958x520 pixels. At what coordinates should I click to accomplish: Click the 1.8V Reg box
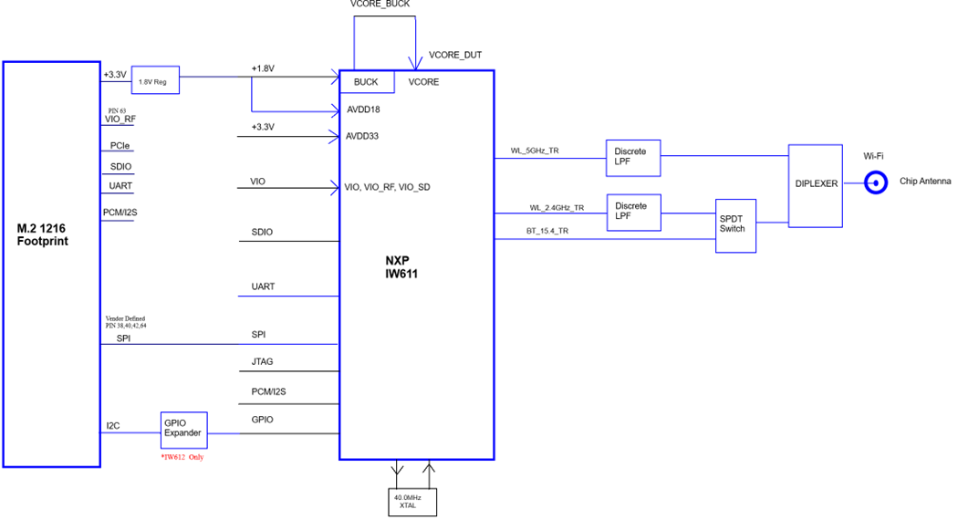(x=156, y=80)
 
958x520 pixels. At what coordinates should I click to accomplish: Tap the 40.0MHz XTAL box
(x=412, y=501)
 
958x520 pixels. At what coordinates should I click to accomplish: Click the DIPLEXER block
(x=816, y=184)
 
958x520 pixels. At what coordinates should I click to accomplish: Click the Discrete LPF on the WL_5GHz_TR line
(x=632, y=158)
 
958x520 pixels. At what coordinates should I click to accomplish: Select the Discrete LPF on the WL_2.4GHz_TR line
(x=632, y=212)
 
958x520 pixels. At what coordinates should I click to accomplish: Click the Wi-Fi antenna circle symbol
(x=876, y=183)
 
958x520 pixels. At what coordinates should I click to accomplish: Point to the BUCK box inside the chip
(x=366, y=82)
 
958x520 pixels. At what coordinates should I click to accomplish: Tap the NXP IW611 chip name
(x=401, y=266)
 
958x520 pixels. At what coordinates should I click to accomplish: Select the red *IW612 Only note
(x=182, y=457)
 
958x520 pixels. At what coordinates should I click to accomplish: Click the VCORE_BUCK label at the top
(x=380, y=5)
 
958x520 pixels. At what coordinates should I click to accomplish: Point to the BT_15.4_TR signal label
(x=547, y=231)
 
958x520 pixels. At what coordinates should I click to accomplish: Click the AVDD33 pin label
(x=362, y=137)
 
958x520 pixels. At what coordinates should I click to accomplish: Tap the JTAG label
(x=262, y=362)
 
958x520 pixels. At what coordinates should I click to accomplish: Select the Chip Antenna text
(x=925, y=182)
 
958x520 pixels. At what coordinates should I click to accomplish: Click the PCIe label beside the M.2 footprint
(x=120, y=146)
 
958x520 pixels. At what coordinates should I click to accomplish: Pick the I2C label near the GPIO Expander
(x=112, y=426)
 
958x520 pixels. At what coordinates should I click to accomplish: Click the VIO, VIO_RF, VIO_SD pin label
(x=387, y=187)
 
